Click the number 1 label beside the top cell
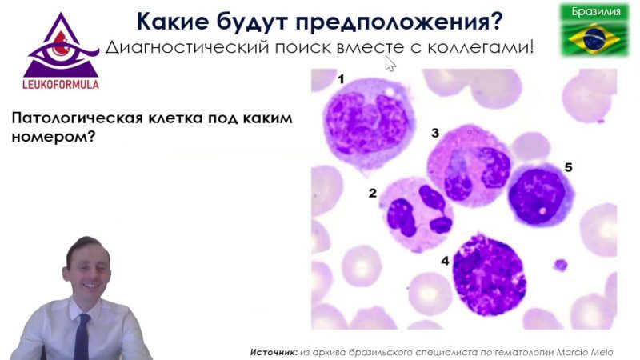coord(341,78)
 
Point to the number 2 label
coord(372,193)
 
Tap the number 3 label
coord(435,133)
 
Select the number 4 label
coord(445,261)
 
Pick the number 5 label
coord(568,167)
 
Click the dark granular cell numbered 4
coord(489,275)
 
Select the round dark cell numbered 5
coord(539,195)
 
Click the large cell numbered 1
coord(369,122)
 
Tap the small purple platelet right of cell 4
coord(561,265)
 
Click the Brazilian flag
coord(594,38)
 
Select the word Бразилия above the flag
coord(595,11)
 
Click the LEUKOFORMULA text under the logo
coord(61,85)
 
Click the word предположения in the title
coord(398,22)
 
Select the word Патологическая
coord(78,118)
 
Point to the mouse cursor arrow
coord(390,64)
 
